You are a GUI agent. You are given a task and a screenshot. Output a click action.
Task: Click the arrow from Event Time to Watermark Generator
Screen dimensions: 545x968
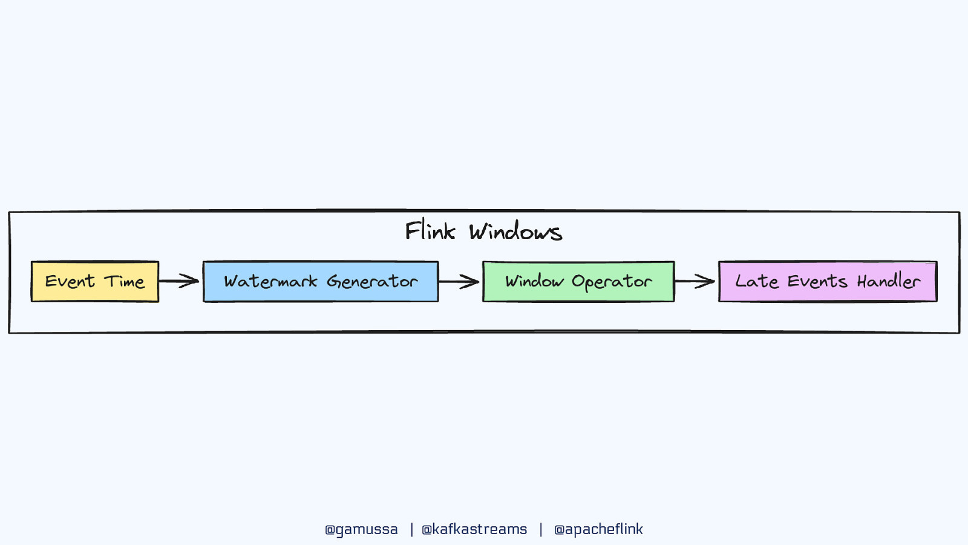coord(180,281)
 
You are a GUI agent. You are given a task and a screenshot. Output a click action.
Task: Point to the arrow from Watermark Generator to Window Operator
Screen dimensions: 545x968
coord(459,282)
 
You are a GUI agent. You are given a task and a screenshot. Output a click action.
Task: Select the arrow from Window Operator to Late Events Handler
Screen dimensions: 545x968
coord(695,281)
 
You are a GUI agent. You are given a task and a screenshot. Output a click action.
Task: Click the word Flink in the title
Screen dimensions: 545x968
coord(430,231)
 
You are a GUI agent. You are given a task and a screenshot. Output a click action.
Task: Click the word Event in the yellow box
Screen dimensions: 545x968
coord(70,282)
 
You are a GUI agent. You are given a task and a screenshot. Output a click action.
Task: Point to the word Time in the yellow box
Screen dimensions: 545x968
coord(125,282)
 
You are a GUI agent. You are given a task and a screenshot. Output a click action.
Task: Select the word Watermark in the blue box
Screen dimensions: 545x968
coord(270,282)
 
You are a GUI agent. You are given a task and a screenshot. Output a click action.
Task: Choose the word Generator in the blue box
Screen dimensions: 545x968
coord(372,282)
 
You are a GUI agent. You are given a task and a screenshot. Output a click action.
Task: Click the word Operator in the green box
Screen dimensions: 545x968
coord(612,282)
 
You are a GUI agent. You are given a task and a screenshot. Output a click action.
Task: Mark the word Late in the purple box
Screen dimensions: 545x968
coord(757,281)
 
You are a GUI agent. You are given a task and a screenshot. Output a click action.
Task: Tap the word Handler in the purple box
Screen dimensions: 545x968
coord(888,281)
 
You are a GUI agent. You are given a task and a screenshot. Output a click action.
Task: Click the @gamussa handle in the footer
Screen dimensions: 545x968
coord(361,529)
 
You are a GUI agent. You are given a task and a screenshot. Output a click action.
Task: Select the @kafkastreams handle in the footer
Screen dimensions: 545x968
coord(474,529)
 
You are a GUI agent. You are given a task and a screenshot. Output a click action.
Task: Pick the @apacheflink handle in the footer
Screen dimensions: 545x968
coord(598,529)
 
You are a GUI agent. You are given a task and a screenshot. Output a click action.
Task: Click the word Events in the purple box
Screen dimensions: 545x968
coord(817,282)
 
